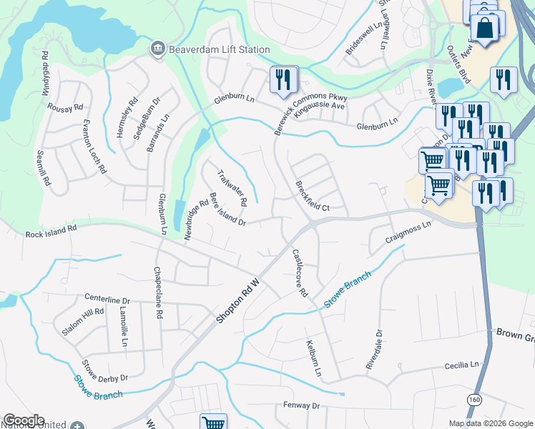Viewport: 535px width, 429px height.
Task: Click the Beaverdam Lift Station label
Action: click(x=219, y=50)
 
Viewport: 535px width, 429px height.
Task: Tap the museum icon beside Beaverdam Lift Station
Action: click(x=157, y=49)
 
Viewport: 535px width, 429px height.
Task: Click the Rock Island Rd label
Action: click(x=51, y=232)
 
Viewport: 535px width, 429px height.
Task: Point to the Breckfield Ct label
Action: click(x=312, y=197)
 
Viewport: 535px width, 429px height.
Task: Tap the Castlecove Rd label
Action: click(x=299, y=272)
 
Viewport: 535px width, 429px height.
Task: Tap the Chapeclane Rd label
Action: click(x=157, y=293)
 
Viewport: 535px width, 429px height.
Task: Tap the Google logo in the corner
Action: click(x=24, y=420)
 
